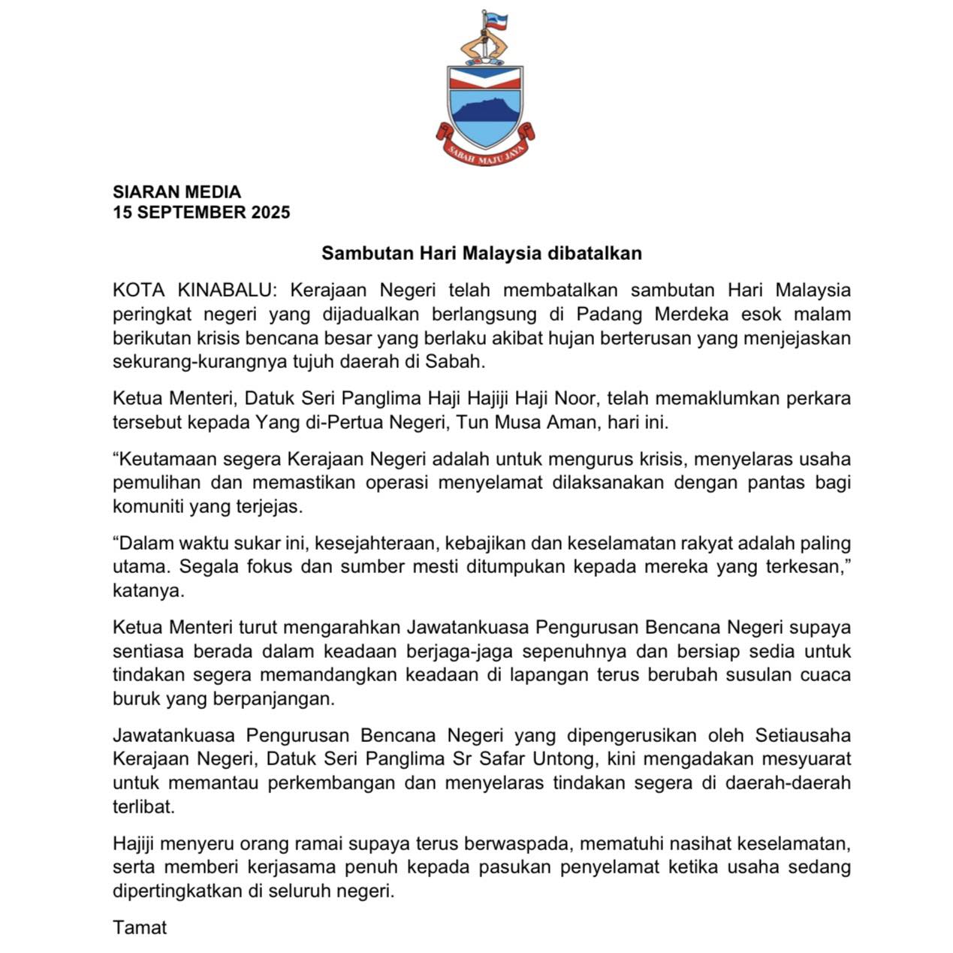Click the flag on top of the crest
point(496,22)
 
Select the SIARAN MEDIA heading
point(176,192)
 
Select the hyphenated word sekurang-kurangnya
point(206,361)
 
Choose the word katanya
point(148,590)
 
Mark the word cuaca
point(826,674)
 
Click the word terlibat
point(143,807)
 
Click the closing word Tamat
point(140,927)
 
